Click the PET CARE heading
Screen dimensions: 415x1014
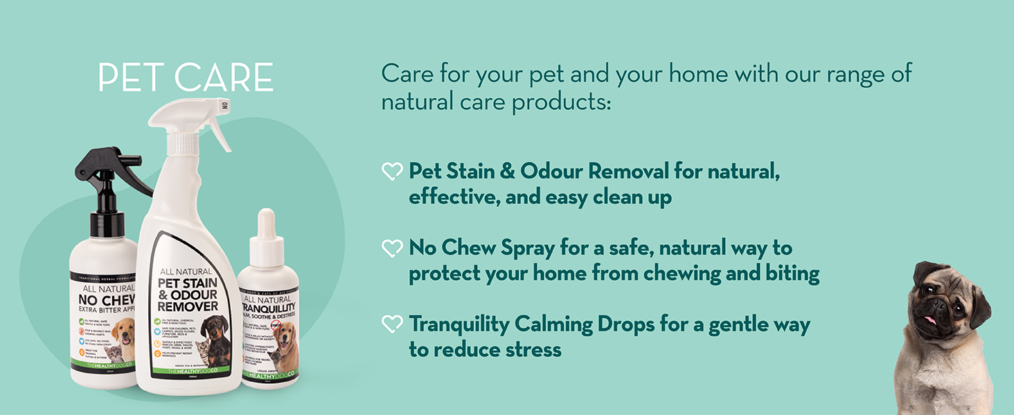186,77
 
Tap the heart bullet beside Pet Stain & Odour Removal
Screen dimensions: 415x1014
392,171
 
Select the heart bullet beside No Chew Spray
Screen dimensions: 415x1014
392,248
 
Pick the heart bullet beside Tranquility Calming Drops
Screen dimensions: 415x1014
392,324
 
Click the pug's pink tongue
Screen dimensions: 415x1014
930,320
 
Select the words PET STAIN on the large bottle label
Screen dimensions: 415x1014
188,284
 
